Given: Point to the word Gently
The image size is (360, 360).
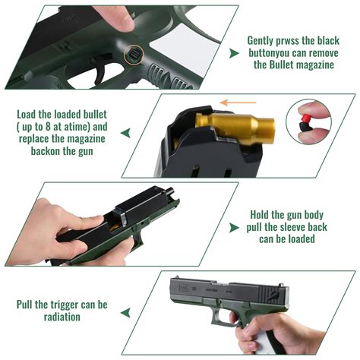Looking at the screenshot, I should coord(265,40).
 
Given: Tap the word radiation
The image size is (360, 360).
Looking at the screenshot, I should coord(61,317).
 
